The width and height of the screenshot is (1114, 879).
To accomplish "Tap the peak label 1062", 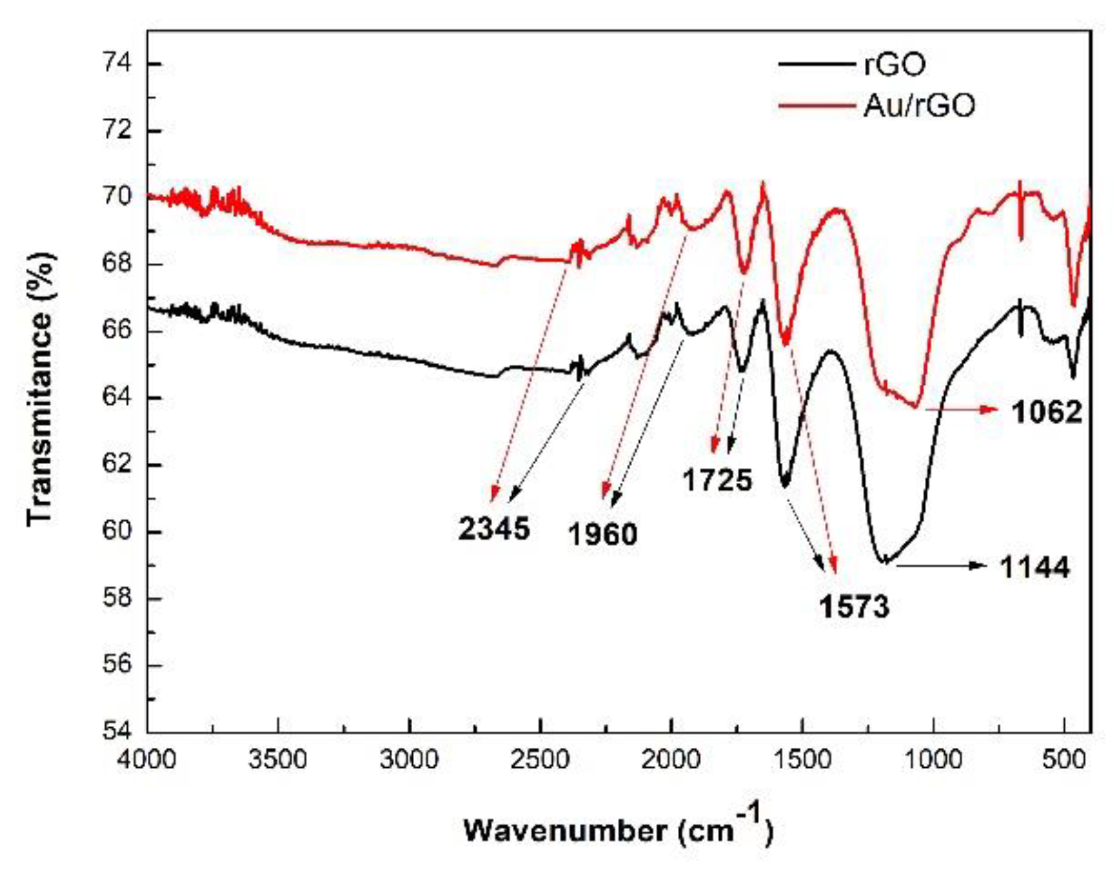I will [1047, 412].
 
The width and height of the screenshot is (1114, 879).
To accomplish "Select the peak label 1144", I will [1034, 567].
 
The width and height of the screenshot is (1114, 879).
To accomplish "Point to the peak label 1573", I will [854, 607].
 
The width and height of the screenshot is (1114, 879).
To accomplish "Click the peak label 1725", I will [717, 480].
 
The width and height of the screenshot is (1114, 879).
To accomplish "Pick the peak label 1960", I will [603, 534].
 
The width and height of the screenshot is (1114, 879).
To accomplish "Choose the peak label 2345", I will [493, 529].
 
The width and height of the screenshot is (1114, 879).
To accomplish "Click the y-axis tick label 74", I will [117, 64].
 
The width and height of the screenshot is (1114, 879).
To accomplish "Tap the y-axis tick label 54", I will [117, 731].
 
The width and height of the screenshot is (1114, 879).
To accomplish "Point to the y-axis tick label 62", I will [117, 464].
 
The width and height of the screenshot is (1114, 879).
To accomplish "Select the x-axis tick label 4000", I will [146, 760].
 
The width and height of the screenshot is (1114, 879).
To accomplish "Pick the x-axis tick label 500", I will [1064, 760].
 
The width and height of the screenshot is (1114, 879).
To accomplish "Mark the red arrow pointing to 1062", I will [962, 410].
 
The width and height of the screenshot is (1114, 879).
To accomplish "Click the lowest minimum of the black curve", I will [884, 562].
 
